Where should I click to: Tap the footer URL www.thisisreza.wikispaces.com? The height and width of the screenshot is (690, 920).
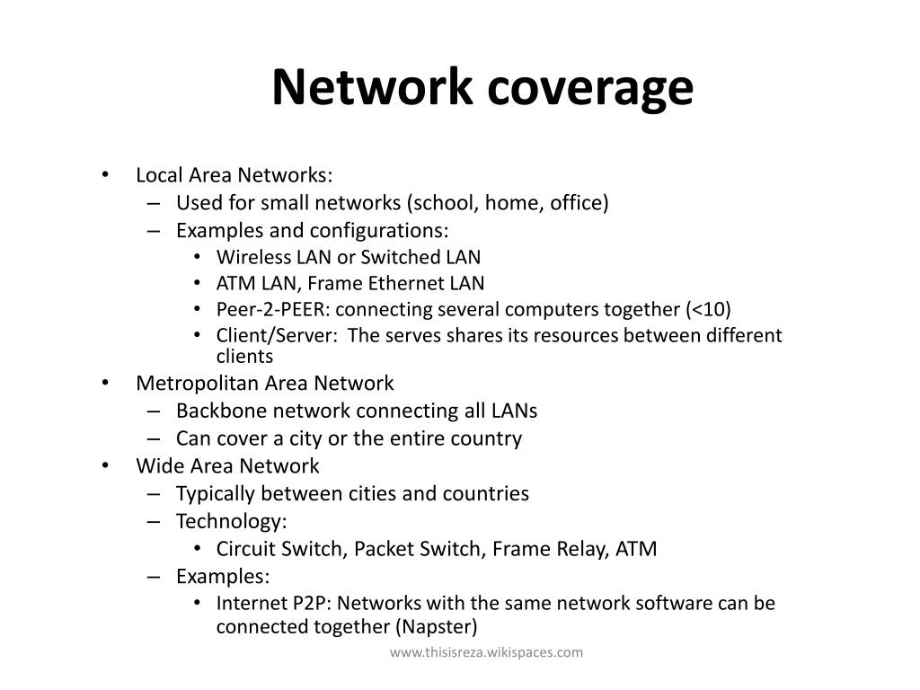click(x=486, y=652)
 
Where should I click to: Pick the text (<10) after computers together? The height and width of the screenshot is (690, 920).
click(x=709, y=310)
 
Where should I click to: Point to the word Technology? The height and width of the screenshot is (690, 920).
click(x=232, y=521)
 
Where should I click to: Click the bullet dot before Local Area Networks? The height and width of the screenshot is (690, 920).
click(x=106, y=175)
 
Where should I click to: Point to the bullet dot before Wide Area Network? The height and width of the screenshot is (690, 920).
click(x=106, y=466)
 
